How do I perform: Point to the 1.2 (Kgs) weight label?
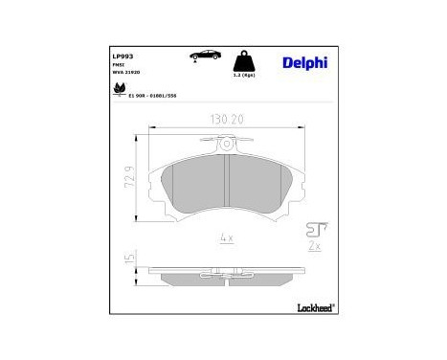(246, 74)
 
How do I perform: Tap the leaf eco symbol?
(119, 92)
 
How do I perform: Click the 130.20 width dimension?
(225, 121)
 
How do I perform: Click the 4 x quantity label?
(226, 238)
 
